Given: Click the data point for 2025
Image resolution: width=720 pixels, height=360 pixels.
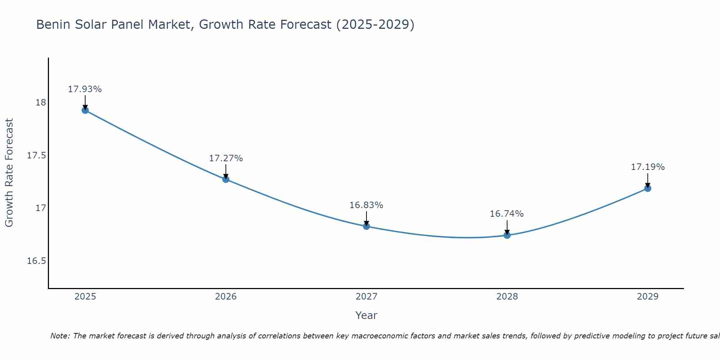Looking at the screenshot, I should pos(85,110).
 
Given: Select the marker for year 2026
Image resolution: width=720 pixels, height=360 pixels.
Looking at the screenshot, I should pos(226,179).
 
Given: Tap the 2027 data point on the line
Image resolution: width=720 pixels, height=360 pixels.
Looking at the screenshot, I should pos(366,226).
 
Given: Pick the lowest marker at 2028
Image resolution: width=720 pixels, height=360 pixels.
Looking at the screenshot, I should pos(507,235).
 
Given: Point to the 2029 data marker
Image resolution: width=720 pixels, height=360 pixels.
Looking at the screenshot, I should pos(648,188).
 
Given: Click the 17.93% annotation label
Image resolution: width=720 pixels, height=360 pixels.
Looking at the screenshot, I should pos(85,89).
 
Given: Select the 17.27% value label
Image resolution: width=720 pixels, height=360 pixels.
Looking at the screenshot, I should pos(226,158).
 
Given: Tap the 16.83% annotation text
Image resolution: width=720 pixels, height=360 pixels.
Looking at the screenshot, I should pos(366,205).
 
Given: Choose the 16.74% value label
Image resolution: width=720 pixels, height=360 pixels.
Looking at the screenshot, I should pos(507,214).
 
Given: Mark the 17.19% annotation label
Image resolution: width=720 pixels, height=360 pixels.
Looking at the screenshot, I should pos(648,167).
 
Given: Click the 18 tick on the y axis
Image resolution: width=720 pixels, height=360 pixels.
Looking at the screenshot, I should pos(41,103).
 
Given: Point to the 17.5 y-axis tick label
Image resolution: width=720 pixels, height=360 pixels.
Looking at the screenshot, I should pos(37,156).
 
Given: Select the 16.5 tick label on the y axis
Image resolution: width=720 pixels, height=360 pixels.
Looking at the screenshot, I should pos(37,261).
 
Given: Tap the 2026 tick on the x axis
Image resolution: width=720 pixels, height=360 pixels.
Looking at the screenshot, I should pos(226,297).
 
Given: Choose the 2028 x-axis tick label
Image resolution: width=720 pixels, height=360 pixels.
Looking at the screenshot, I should pos(507,297).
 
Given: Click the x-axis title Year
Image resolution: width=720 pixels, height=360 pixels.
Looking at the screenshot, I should pos(366,315).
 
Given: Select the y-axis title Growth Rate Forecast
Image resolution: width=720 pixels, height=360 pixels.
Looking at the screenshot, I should pos(9,173).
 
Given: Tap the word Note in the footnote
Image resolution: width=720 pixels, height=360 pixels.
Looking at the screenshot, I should pos(60,336).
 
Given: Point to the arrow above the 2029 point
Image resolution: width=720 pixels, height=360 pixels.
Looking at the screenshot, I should pos(648,180).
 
